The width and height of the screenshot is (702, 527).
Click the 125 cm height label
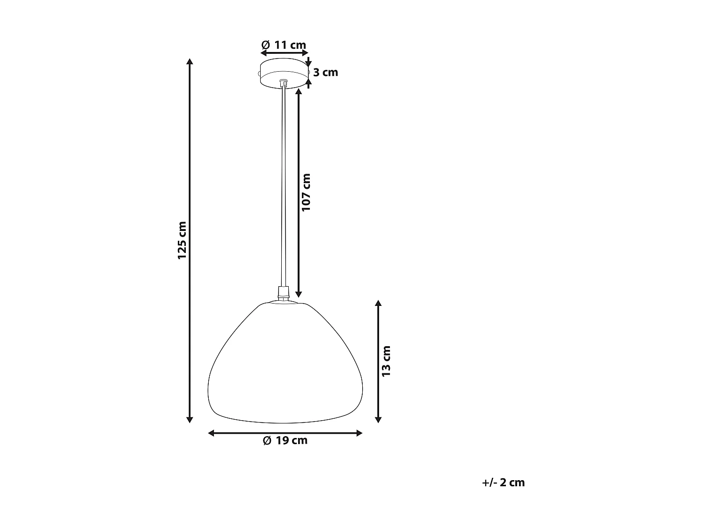tap(182, 240)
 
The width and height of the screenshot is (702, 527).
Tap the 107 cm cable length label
tap(306, 192)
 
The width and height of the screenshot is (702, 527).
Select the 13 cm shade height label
tap(386, 361)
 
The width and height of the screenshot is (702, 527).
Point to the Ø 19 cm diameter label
tap(285, 441)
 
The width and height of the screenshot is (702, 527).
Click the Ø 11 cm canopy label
tap(284, 45)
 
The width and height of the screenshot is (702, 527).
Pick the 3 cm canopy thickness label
tap(326, 73)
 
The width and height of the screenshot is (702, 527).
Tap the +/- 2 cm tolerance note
tap(503, 482)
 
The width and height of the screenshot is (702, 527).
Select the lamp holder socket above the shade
tap(283, 294)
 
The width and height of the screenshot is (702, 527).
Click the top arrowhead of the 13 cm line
tap(379, 304)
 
